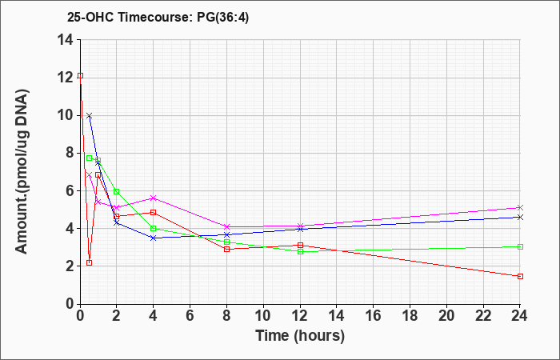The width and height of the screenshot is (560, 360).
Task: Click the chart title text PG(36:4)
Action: (223, 18)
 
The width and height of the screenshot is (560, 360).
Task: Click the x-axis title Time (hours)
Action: (300, 336)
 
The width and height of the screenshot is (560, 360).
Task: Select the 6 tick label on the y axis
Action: (70, 191)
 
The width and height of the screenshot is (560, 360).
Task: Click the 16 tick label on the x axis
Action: (374, 316)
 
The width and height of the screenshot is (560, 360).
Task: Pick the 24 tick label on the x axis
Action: (520, 316)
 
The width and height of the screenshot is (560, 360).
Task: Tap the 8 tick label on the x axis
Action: (226, 316)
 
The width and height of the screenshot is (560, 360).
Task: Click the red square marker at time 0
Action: (80, 76)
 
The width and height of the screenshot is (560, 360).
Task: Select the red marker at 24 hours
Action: (520, 277)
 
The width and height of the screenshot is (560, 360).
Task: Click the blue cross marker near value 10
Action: (90, 116)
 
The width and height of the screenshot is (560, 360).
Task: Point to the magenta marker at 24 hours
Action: (520, 207)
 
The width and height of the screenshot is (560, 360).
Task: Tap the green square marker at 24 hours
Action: (520, 246)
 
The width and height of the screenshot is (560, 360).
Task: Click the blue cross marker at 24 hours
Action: (520, 217)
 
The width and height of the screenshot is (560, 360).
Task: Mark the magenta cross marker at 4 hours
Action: (154, 198)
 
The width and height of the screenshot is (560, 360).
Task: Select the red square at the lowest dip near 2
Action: (90, 263)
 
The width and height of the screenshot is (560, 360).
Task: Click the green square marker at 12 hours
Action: (300, 251)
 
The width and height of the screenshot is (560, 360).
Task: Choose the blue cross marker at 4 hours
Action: (154, 238)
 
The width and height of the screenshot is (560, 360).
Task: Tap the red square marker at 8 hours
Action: (226, 250)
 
